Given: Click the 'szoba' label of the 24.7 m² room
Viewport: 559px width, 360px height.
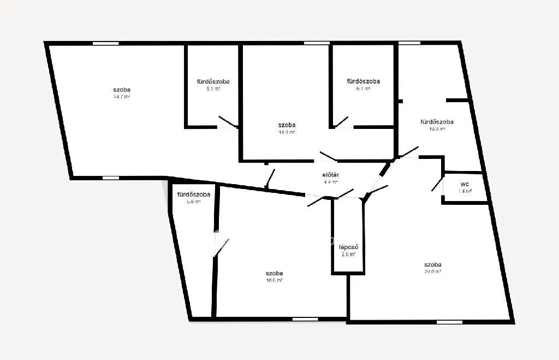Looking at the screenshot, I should pos(122,90).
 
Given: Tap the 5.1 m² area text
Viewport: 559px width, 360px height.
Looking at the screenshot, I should pos(213,88).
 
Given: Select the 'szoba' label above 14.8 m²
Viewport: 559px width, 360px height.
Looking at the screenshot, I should pos(287,125).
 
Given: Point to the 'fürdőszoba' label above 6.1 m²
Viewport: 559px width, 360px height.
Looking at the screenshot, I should pos(363,81).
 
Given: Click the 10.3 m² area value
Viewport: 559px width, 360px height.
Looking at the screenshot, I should pos(437,129).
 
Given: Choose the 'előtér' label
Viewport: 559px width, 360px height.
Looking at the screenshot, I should pos(331,175).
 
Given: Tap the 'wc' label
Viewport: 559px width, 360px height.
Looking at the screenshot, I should pos(465,184).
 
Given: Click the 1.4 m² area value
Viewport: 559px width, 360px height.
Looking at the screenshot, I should pos(465,191).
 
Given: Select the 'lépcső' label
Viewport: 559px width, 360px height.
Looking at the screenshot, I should pos(348,247).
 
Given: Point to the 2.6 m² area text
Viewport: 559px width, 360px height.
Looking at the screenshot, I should pos(348,254).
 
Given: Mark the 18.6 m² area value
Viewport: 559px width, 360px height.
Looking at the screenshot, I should pos(274,280).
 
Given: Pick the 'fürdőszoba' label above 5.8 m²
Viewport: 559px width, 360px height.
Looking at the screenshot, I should pos(194,194).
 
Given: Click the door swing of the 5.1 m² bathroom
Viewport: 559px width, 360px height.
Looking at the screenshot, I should pos(228,122).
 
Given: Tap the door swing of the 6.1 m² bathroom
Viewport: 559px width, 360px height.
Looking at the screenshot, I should pos(341,121).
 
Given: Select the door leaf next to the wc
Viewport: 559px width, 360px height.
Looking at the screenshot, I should pos(437,184).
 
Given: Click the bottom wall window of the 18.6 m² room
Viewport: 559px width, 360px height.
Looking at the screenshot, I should pos(305,319).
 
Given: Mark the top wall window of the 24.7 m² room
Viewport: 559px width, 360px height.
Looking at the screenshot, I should pos(106,43).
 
